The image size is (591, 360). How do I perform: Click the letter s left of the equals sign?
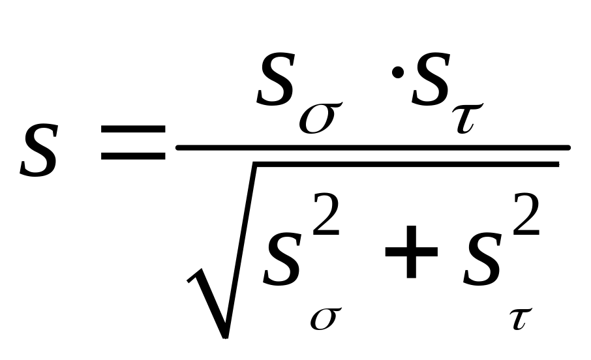[x=39, y=150]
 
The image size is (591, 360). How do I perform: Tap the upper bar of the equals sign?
[x=133, y=129]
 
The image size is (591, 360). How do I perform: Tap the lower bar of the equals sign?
[x=133, y=156]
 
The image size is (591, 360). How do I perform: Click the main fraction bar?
[x=372, y=148]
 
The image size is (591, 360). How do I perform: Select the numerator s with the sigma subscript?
[x=275, y=79]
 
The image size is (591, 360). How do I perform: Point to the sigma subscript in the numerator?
[x=320, y=117]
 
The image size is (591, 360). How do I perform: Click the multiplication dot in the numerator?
[x=398, y=72]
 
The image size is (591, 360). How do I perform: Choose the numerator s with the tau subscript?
[x=431, y=79]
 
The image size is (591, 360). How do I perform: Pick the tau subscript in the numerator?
[x=468, y=118]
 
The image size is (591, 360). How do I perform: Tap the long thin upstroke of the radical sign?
[x=241, y=250]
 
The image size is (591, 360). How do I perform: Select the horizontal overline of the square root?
[x=406, y=164]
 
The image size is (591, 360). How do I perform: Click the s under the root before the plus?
[x=282, y=259]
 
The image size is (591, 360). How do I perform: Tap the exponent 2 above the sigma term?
[x=326, y=214]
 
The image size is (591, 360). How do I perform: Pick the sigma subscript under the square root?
[x=326, y=319]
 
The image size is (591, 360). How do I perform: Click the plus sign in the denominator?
[x=411, y=252]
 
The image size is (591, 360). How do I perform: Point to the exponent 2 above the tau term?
[x=526, y=214]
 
